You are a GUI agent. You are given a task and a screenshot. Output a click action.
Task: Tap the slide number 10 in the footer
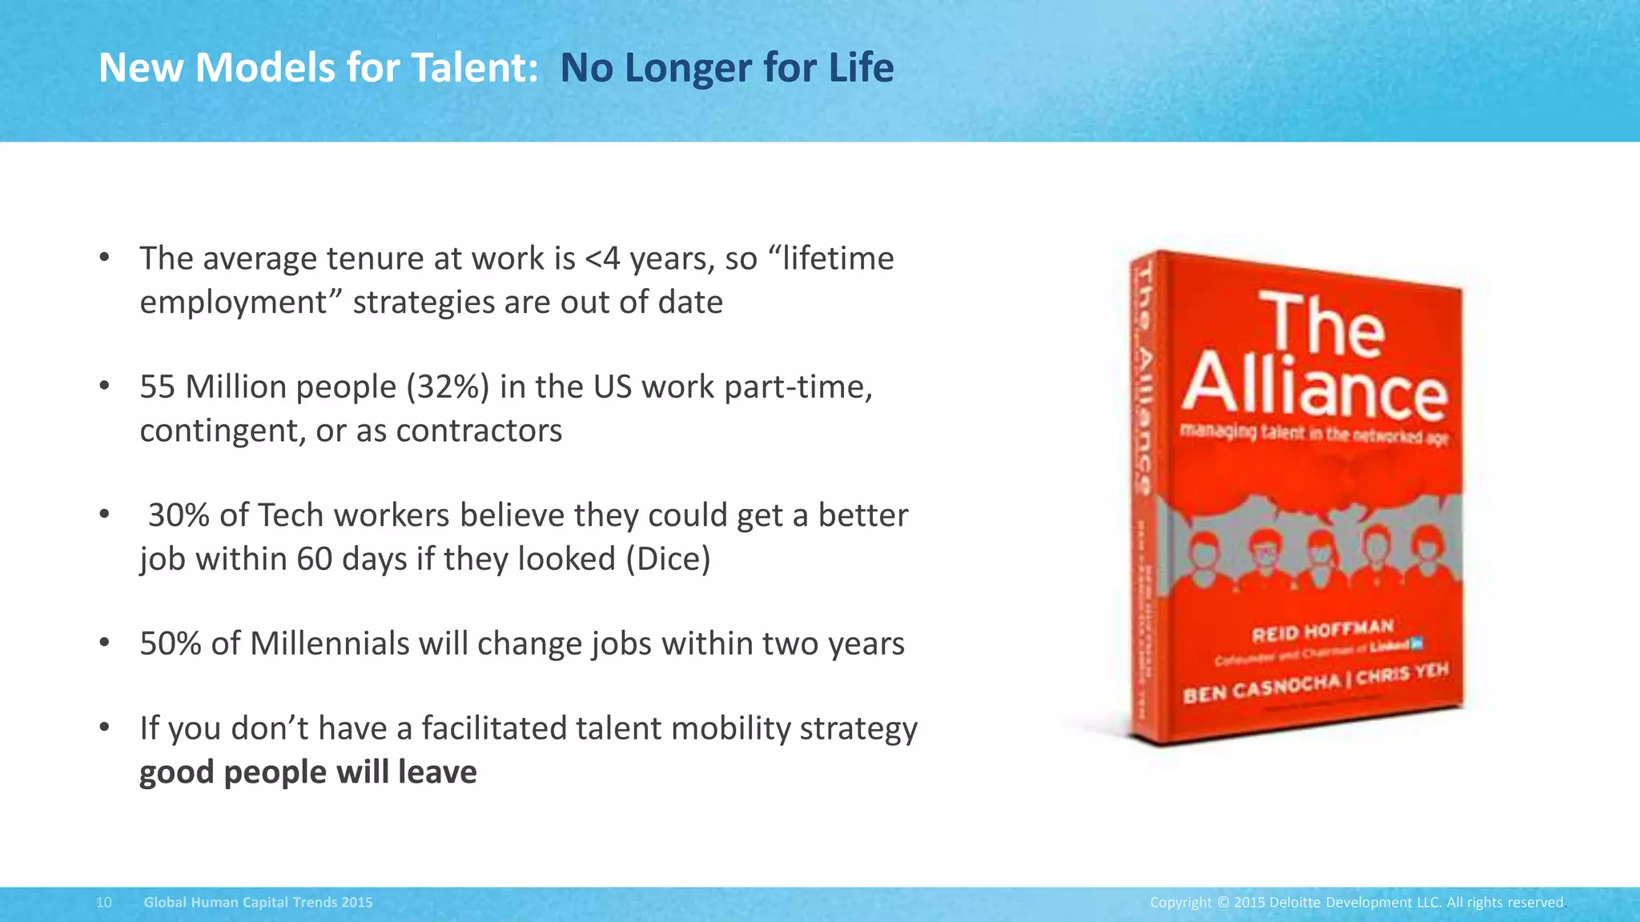tap(103, 903)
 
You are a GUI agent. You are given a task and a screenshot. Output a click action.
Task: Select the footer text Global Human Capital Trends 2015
tap(258, 903)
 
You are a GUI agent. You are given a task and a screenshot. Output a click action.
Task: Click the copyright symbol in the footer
tap(1223, 903)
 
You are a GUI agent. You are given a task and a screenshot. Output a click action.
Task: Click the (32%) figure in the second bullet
tap(448, 387)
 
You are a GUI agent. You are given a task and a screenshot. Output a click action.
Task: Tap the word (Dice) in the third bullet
tap(668, 559)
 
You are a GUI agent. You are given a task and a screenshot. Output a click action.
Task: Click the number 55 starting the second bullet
tap(158, 387)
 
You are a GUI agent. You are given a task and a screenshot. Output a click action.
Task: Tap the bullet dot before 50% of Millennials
tap(104, 643)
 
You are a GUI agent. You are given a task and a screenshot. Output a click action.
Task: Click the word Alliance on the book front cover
tap(1315, 387)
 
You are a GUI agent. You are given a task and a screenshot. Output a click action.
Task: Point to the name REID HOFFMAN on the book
tap(1323, 631)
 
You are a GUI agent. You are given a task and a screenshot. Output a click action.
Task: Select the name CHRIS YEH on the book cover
tap(1403, 674)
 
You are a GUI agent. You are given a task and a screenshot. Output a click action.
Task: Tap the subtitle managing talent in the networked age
tap(1314, 435)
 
